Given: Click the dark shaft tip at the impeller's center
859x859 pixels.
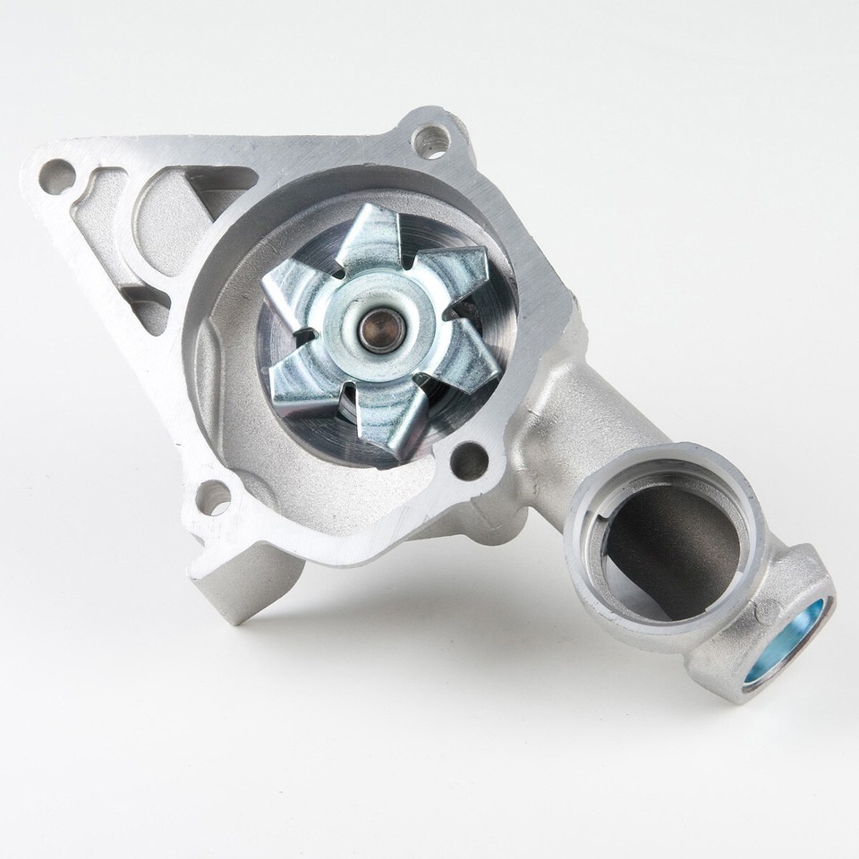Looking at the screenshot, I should [379, 329].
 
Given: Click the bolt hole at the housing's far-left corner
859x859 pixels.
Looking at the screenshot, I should [56, 175].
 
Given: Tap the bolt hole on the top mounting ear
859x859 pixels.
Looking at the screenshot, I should [430, 140].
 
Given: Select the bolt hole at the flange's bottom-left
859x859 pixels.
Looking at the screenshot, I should [212, 498].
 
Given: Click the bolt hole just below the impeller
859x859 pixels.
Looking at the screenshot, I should [468, 462].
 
